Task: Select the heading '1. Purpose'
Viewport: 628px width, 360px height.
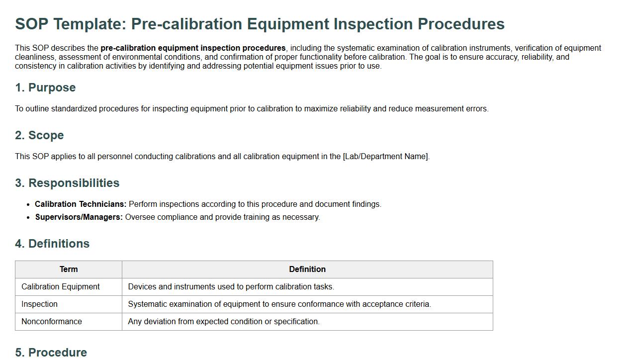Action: (45, 88)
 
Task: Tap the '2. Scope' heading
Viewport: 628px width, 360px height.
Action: (40, 135)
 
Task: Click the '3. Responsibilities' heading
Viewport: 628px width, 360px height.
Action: (67, 183)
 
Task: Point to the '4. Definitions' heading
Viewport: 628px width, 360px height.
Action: (52, 244)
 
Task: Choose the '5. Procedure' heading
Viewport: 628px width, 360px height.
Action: (51, 353)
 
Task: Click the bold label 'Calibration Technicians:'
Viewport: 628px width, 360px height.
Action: (81, 204)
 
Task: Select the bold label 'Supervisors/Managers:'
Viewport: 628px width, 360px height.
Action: (79, 217)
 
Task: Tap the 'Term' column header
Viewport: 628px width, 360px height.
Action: (69, 269)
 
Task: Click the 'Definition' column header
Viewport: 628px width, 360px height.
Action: (307, 269)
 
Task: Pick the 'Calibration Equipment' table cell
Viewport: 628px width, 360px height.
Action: (61, 287)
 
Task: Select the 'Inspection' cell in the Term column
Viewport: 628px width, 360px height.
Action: (40, 304)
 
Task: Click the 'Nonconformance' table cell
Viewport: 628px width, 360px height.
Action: (52, 322)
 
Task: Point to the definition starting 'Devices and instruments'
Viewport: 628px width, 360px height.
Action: (231, 287)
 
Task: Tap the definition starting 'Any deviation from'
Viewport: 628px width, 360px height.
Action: (224, 322)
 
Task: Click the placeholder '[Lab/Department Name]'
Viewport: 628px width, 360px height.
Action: (386, 157)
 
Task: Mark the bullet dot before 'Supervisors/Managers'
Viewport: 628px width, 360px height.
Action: (28, 218)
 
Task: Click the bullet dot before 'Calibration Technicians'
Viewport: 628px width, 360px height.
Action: (28, 205)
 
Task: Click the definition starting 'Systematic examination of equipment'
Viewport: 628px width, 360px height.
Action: (279, 304)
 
